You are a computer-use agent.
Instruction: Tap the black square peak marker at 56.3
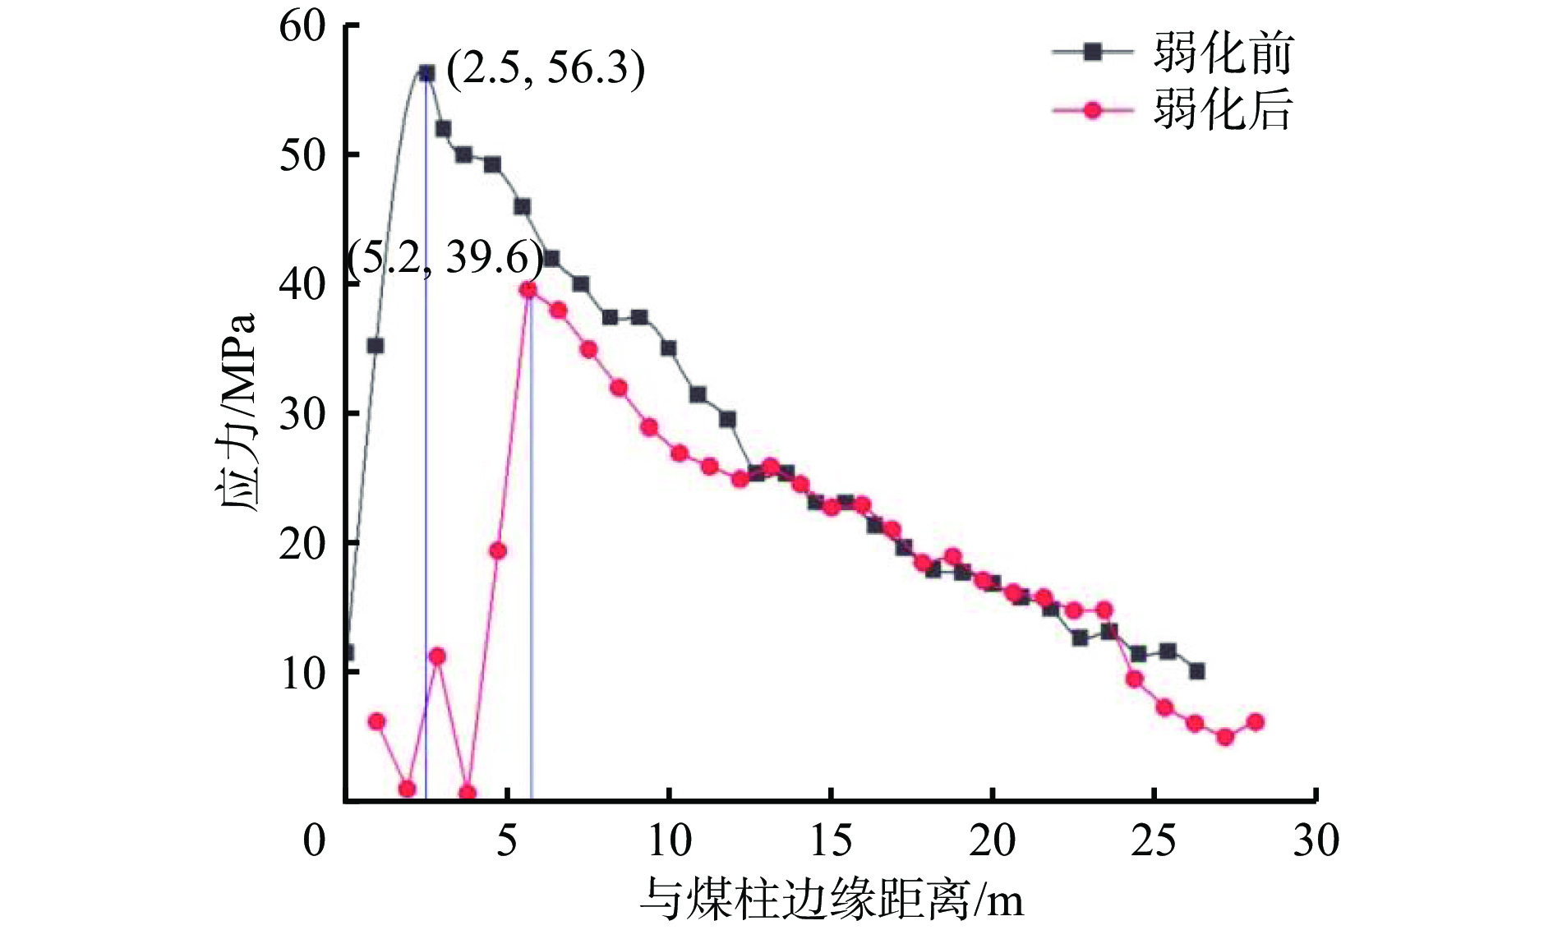point(426,73)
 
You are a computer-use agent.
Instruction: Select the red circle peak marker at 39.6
point(528,289)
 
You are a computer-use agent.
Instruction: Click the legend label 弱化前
point(1223,53)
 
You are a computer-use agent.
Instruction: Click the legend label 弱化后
point(1223,108)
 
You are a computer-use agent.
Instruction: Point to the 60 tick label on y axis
point(302,26)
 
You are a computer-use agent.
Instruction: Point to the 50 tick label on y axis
point(302,155)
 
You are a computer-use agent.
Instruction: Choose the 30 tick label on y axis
point(302,413)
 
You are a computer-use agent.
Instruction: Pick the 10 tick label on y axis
point(302,673)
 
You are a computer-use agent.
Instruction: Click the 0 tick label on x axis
point(315,840)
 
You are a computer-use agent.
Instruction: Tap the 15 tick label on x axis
point(831,840)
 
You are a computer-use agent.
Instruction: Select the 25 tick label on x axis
point(1154,840)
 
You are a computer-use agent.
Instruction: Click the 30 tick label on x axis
point(1316,840)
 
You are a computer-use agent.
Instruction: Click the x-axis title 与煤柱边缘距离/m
point(832,899)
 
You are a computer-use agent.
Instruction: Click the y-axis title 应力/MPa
point(237,412)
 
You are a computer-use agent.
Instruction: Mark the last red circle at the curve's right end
point(1255,722)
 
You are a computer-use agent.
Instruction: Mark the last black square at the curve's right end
point(1196,671)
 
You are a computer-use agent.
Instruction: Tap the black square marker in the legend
point(1092,52)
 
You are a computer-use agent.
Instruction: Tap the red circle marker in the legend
point(1092,109)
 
